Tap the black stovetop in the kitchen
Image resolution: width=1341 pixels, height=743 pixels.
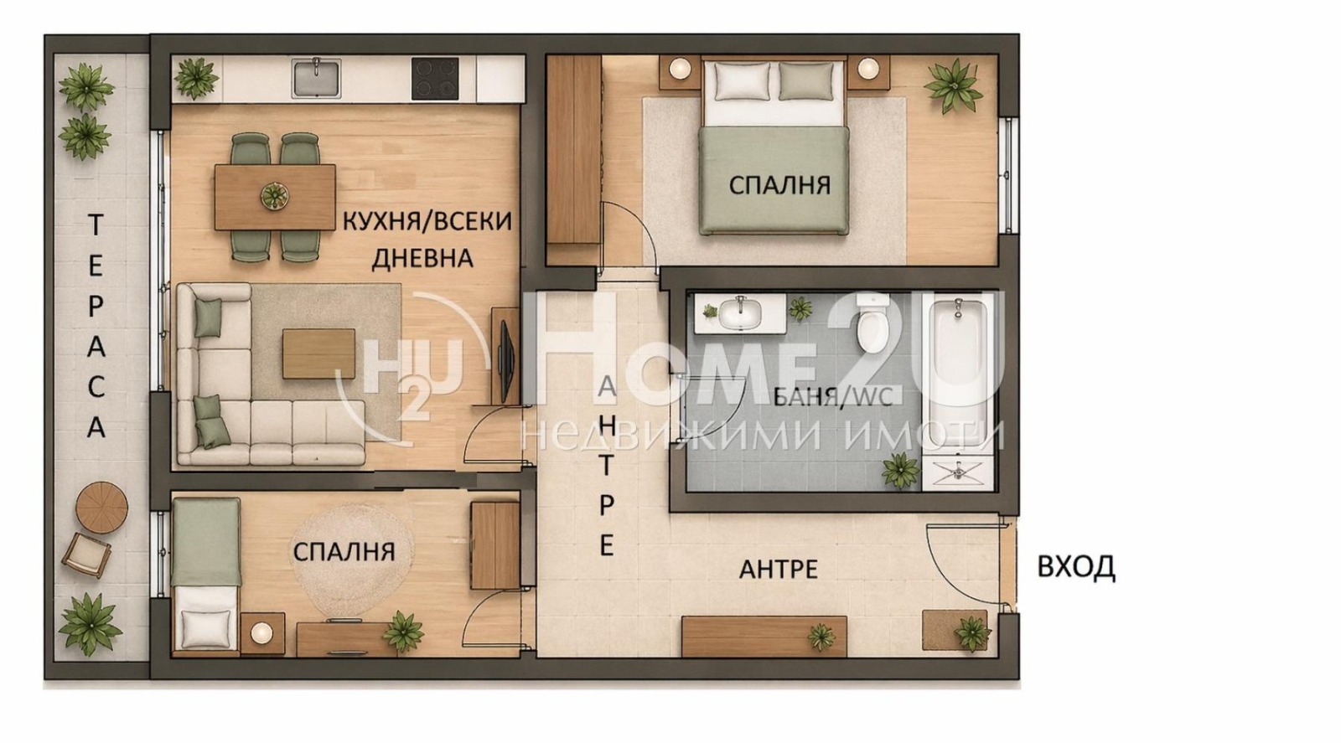point(434,78)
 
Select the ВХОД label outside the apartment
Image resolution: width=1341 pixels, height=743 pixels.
point(1075,567)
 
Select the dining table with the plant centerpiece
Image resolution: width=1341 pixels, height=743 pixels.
point(274,197)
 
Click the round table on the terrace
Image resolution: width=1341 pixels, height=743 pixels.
point(101,506)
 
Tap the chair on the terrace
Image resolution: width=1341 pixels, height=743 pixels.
point(86,554)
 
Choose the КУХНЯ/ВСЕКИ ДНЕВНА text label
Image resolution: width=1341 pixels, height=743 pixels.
point(426,239)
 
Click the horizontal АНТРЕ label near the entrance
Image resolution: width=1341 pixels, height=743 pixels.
point(778,570)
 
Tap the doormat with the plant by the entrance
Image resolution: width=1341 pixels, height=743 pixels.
point(953,630)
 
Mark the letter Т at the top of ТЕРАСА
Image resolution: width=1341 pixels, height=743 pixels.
point(96,224)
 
